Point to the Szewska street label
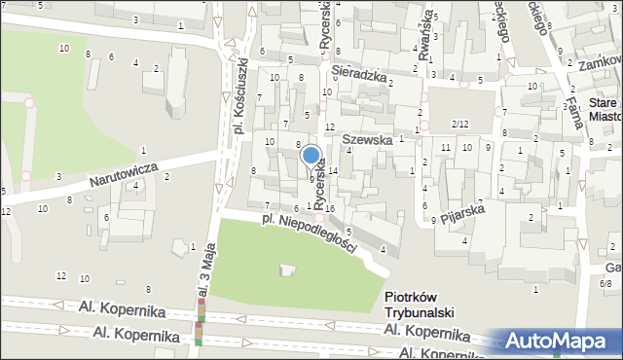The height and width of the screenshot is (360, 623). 368,140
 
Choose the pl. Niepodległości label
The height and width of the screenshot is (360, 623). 309,234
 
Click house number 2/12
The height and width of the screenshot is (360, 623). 459,124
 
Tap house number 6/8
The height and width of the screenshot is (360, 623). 605,283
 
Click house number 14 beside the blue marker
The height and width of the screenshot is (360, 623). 333,171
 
